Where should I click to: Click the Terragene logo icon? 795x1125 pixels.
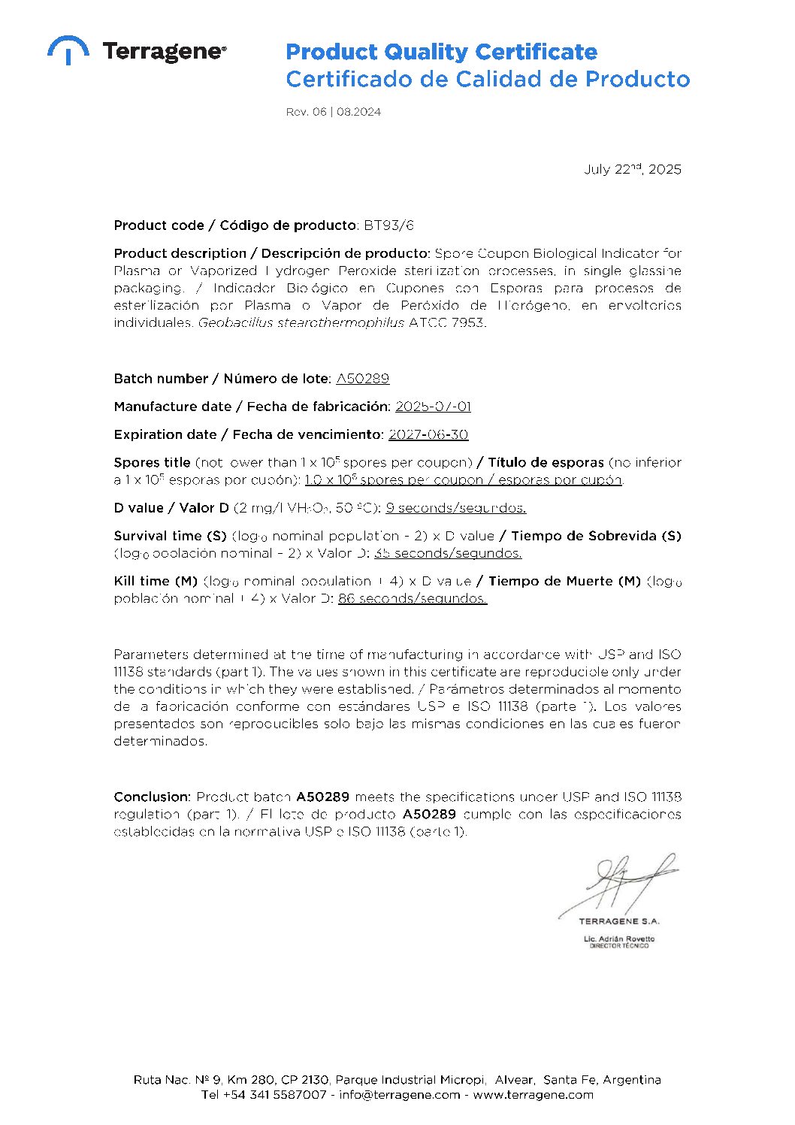pos(68,50)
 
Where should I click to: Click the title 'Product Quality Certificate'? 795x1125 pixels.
pos(441,52)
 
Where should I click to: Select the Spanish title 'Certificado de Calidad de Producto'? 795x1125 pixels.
pos(487,79)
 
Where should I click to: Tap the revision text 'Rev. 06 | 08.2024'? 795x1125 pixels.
pos(333,112)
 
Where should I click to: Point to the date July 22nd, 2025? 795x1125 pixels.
pos(633,169)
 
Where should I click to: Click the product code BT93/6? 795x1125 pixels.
pos(388,225)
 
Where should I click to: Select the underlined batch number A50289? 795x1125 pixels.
pos(362,379)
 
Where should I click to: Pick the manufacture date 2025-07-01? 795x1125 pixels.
pos(433,407)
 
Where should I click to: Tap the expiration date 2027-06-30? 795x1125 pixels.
pos(428,434)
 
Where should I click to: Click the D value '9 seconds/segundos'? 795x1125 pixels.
pos(455,508)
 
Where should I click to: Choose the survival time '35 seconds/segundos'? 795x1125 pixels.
pos(448,553)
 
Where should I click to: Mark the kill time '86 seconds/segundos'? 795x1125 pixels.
pos(413,599)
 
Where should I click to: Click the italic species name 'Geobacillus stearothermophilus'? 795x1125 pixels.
pos(301,322)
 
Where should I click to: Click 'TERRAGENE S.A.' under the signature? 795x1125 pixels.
pos(618,921)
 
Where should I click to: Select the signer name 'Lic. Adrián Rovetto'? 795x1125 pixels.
pos(618,939)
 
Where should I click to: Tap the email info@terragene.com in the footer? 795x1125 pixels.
pos(399,1095)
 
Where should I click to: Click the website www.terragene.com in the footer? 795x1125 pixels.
pos(533,1095)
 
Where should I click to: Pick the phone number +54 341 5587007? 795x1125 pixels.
pos(274,1095)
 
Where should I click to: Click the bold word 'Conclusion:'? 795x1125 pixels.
pos(152,797)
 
